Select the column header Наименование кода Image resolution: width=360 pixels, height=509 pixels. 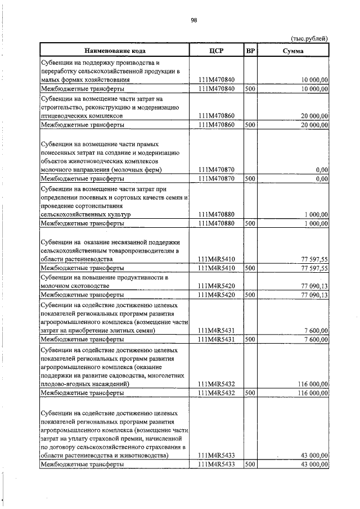click(116, 51)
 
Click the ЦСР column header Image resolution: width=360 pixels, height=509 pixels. click(217, 51)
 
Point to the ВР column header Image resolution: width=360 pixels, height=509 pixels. click(251, 51)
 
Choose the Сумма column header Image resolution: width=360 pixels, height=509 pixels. click(293, 51)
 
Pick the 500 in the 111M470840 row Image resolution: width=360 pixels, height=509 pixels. click(250, 89)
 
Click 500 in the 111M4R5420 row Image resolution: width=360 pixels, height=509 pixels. click(250, 294)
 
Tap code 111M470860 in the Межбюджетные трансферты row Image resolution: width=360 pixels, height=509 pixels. click(217, 124)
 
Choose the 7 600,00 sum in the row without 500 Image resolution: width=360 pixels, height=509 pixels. click(316, 331)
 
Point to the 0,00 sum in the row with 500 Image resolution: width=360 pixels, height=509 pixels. click(322, 179)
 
